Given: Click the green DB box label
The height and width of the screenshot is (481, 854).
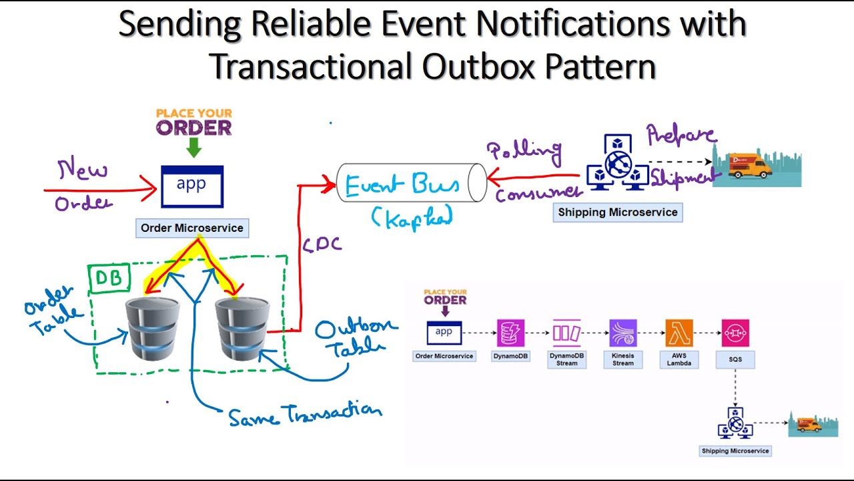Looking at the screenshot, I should (x=108, y=278).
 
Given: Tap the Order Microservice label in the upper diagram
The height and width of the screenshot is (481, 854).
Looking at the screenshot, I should (x=192, y=228).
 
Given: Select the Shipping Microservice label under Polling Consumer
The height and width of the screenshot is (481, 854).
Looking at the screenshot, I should (x=617, y=212).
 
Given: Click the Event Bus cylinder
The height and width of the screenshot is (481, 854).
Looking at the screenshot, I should (x=411, y=182).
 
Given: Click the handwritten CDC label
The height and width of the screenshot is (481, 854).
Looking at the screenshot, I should (x=322, y=245).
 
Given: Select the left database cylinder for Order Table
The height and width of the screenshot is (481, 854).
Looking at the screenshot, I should (x=153, y=329).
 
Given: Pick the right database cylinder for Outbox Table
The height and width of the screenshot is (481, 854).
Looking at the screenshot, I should (x=242, y=329).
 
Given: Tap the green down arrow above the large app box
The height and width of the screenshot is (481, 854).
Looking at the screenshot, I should (x=193, y=147).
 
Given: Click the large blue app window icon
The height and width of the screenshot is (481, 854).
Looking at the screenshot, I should (x=192, y=186).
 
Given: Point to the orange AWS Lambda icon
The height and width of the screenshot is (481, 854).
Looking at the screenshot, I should (x=679, y=333).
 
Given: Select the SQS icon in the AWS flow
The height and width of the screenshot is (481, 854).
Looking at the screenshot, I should (x=735, y=333).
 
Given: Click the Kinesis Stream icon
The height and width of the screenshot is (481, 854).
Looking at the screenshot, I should (x=623, y=333).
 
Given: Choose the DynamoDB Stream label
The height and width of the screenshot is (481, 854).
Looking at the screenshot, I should (x=567, y=359).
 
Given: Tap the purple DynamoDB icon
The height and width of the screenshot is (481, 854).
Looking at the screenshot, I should (x=511, y=333).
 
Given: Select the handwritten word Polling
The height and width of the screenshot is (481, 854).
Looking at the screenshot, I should (x=524, y=152).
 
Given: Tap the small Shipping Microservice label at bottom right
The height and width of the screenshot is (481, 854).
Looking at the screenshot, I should (x=735, y=451).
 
